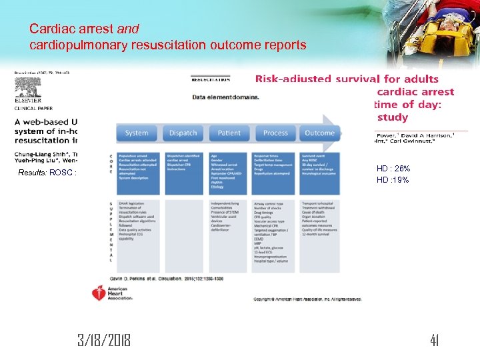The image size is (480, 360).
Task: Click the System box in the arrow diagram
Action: pyautogui.click(x=137, y=133)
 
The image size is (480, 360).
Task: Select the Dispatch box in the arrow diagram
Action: pyautogui.click(x=183, y=133)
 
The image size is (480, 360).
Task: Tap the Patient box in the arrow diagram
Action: pyautogui.click(x=229, y=133)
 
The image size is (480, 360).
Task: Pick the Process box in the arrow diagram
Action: pyautogui.click(x=275, y=133)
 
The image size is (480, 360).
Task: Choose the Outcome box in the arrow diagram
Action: pyautogui.click(x=320, y=133)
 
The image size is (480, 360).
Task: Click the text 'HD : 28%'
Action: pyautogui.click(x=393, y=169)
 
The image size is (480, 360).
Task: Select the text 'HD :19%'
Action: pyautogui.click(x=393, y=180)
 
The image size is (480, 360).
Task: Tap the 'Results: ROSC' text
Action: pyautogui.click(x=48, y=173)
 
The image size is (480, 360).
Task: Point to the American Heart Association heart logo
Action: pyautogui.click(x=99, y=292)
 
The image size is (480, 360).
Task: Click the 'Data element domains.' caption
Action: pyautogui.click(x=226, y=97)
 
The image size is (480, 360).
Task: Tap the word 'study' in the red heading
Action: pyautogui.click(x=392, y=117)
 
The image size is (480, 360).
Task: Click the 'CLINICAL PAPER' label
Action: pyautogui.click(x=33, y=108)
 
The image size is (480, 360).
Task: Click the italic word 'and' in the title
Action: pyautogui.click(x=128, y=29)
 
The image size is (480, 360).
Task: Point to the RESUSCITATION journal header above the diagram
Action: pyautogui.click(x=211, y=79)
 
